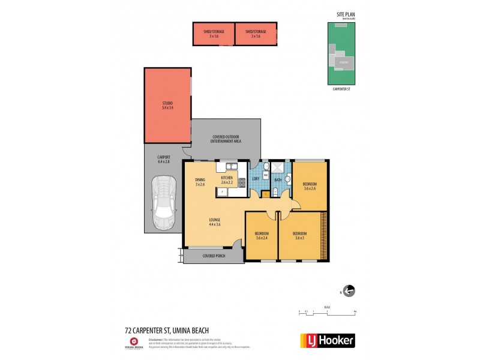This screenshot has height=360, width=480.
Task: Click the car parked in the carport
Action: point(163,202)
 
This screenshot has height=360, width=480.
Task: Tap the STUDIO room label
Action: point(167,106)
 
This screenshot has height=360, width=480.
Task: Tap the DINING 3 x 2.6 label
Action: point(200,182)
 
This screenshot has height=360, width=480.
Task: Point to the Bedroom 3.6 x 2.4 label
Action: point(262,235)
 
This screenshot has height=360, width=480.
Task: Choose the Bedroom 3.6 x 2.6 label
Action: point(310,186)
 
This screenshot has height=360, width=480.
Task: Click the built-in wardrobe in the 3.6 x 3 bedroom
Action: point(325,236)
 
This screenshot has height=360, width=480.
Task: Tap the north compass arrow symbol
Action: point(348,291)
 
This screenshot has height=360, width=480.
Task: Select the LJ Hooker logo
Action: point(326,341)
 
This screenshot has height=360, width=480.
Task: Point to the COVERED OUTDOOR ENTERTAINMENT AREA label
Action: point(226,139)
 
